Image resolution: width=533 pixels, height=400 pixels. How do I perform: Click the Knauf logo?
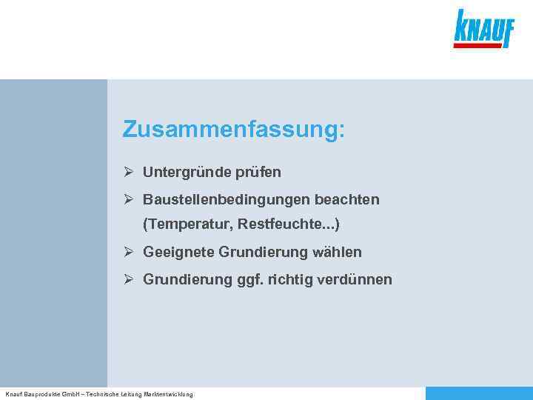click(483, 28)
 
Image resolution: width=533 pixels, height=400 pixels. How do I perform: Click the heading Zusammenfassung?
click(234, 130)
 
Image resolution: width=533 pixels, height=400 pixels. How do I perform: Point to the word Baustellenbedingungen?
click(227, 200)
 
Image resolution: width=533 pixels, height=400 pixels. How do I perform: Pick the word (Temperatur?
click(189, 224)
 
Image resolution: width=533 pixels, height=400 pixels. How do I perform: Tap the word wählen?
click(338, 253)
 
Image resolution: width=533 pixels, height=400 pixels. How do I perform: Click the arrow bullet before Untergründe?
click(129, 173)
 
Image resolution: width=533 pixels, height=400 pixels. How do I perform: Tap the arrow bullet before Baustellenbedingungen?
click(129, 200)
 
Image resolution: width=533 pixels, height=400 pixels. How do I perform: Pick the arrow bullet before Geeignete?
click(129, 253)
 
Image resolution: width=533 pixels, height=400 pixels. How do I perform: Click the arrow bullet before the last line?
click(129, 280)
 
